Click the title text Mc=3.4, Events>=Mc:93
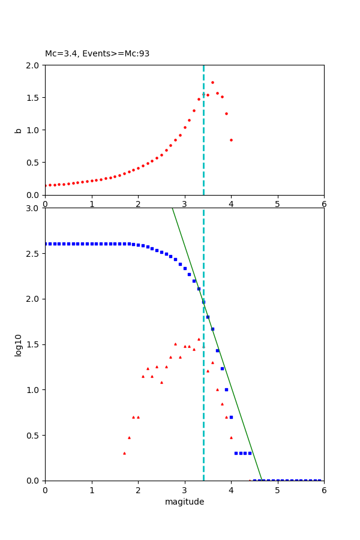tap(97, 54)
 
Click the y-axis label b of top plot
tap(18, 130)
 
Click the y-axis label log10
tap(19, 344)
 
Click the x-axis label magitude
tap(184, 502)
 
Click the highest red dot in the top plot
tap(212, 82)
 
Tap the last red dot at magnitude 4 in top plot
tap(231, 140)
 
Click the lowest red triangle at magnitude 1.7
tap(124, 453)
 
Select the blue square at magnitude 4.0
tap(231, 417)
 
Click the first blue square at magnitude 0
tap(46, 244)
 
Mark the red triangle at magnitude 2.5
tap(161, 382)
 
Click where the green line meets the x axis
tap(262, 480)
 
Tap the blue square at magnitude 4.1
tap(236, 453)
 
